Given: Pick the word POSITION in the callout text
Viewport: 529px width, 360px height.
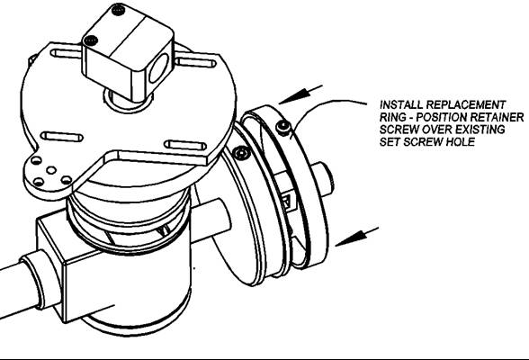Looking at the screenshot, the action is [442, 117].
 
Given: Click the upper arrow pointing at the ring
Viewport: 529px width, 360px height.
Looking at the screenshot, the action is [300, 94].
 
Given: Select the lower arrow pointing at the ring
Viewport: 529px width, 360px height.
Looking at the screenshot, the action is [356, 237].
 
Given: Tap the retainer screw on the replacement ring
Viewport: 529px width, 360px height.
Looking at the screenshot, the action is [283, 128].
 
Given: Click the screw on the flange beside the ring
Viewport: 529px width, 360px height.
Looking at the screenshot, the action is [242, 154].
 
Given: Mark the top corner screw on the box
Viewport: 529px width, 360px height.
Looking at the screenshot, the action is [118, 10].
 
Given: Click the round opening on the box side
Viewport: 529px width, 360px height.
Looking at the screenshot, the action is [158, 68].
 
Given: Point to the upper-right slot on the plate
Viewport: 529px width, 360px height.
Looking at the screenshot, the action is [196, 62].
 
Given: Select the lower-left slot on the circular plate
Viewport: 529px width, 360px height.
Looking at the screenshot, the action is [62, 137].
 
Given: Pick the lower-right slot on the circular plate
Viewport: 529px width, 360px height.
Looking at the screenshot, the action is [185, 146].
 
